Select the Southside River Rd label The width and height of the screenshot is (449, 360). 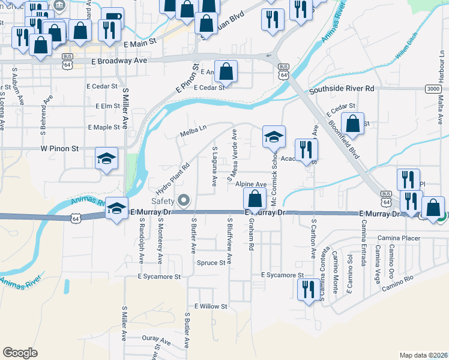click(x=342, y=89)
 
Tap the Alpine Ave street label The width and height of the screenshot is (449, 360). click(x=250, y=184)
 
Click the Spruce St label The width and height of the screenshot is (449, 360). click(x=211, y=262)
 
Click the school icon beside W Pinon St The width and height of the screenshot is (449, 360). click(x=107, y=159)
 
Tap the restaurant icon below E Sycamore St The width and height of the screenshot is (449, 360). click(x=307, y=289)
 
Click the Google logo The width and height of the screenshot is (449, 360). click(x=20, y=353)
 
